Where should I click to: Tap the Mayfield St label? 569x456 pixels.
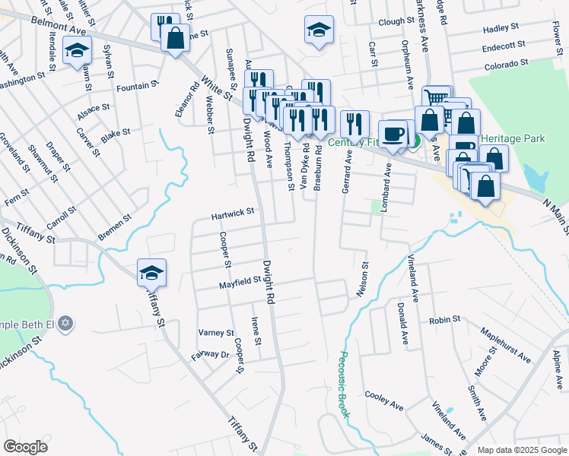(240, 282)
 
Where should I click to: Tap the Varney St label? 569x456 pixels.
(216, 333)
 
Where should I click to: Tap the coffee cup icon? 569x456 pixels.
(393, 134)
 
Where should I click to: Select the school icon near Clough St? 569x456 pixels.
(318, 30)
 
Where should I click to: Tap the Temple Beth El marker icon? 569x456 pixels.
(66, 323)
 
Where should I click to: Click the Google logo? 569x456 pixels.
(26, 447)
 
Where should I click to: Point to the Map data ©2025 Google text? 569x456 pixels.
(522, 450)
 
